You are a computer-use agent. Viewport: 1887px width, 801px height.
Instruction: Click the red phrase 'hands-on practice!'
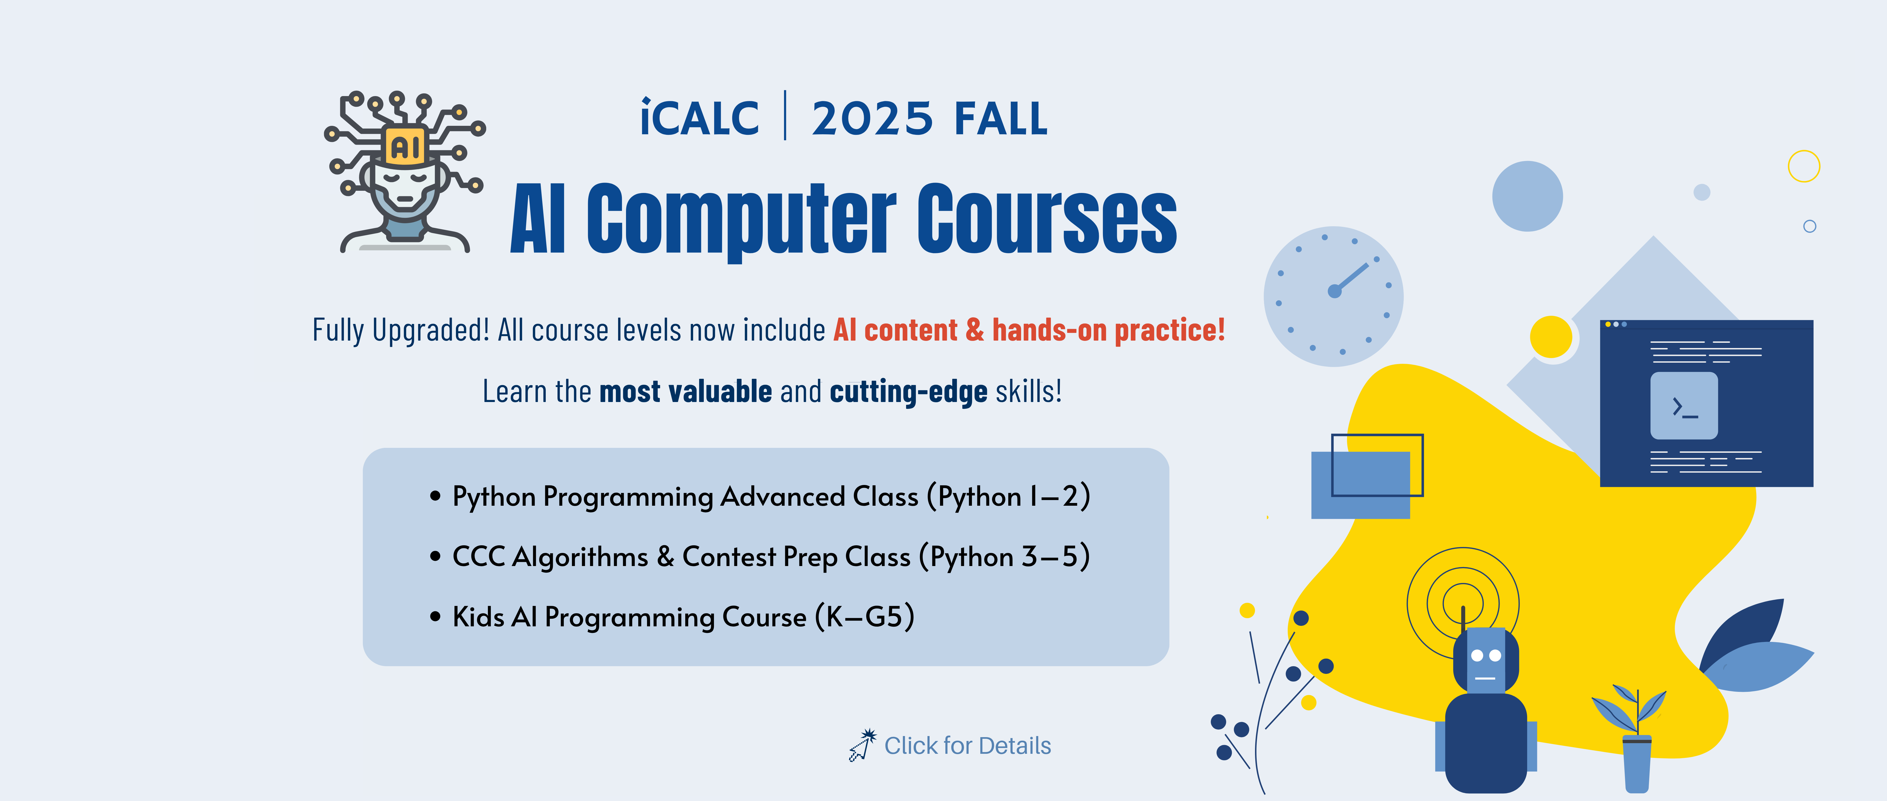click(x=1108, y=330)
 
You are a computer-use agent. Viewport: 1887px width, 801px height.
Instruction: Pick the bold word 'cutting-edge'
click(x=908, y=392)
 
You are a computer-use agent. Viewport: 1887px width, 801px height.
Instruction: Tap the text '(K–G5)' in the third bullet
click(x=864, y=617)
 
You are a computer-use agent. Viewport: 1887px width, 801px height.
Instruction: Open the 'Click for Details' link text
click(x=968, y=745)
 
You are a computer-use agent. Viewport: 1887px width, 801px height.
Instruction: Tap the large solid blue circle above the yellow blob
click(x=1527, y=196)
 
